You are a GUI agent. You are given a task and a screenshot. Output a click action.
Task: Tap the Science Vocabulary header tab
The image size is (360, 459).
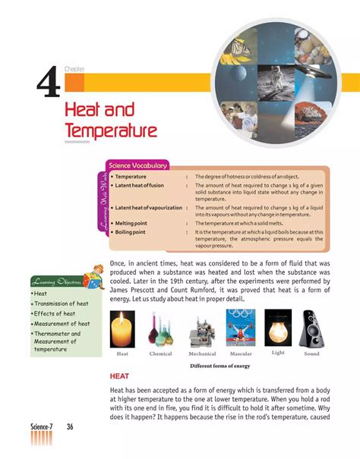137,165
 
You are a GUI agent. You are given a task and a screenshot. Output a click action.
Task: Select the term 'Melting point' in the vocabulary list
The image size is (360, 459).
134,223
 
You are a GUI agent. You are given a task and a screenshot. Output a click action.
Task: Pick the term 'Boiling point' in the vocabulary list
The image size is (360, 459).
133,231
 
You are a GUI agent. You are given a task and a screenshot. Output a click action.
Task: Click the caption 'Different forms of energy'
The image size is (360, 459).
220,366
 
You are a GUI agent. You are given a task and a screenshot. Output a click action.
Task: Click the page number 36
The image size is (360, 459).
70,427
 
